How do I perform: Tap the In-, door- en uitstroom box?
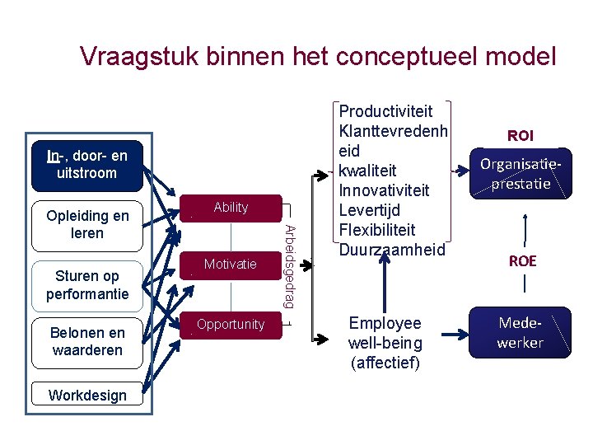click(86, 164)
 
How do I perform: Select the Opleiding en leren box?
click(86, 225)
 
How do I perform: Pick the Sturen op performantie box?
click(86, 284)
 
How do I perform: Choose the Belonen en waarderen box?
click(86, 341)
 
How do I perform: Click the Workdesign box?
click(86, 395)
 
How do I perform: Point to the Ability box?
click(231, 208)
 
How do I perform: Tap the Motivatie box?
click(231, 265)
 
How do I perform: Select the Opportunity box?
click(231, 325)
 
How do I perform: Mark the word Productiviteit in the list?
click(385, 110)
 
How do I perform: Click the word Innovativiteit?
click(385, 190)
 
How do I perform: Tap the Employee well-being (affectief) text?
click(385, 342)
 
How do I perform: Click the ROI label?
click(521, 135)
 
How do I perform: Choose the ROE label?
click(522, 261)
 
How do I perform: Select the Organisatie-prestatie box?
click(521, 174)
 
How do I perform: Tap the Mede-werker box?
click(521, 332)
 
